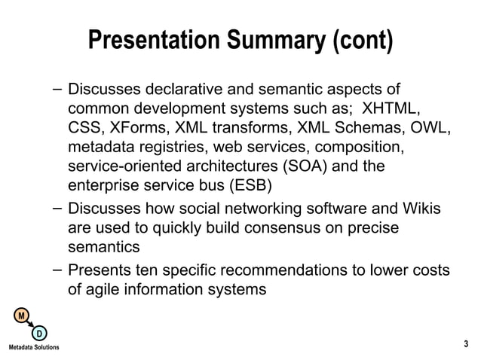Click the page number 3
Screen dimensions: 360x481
click(466, 344)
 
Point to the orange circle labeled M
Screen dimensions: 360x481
click(23, 314)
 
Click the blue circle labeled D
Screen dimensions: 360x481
click(39, 332)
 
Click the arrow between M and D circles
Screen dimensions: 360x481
click(31, 323)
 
